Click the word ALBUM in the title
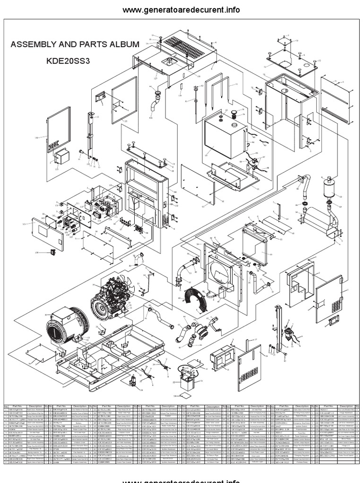pyautogui.click(x=121, y=45)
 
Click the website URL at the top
pyautogui.click(x=181, y=10)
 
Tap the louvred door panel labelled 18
pyautogui.click(x=249, y=368)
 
